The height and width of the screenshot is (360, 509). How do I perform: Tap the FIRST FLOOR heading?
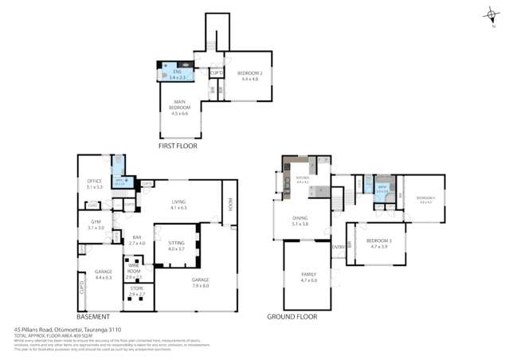tap(178, 146)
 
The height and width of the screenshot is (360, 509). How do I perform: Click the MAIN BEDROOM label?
tap(179, 106)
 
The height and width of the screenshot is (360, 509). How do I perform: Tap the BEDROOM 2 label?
tap(249, 76)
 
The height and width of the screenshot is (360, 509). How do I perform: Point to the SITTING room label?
tap(175, 246)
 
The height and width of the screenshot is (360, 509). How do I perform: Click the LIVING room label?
tap(178, 204)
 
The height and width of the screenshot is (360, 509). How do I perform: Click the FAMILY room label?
tap(308, 277)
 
